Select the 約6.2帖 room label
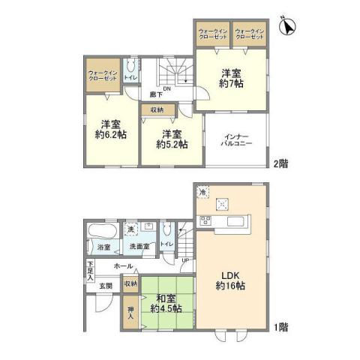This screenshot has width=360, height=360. [110, 130]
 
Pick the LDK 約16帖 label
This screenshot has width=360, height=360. [230, 279]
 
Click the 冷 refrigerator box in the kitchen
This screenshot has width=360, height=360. [203, 193]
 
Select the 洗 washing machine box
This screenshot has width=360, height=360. [130, 228]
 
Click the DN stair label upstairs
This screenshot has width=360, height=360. [166, 88]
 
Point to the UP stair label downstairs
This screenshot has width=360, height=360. [186, 259]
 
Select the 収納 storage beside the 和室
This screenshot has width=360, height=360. [130, 284]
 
